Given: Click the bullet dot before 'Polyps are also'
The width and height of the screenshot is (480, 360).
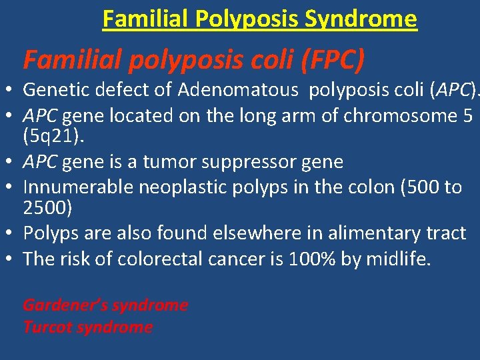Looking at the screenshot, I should (x=13, y=234).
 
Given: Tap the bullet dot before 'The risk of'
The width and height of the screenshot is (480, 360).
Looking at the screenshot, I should (x=13, y=259).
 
